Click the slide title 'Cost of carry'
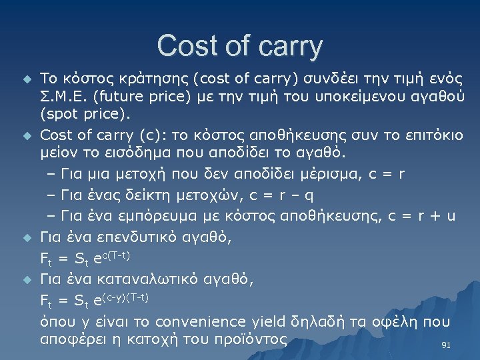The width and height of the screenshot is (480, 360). click(x=240, y=46)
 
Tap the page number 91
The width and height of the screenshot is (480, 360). click(x=447, y=345)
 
